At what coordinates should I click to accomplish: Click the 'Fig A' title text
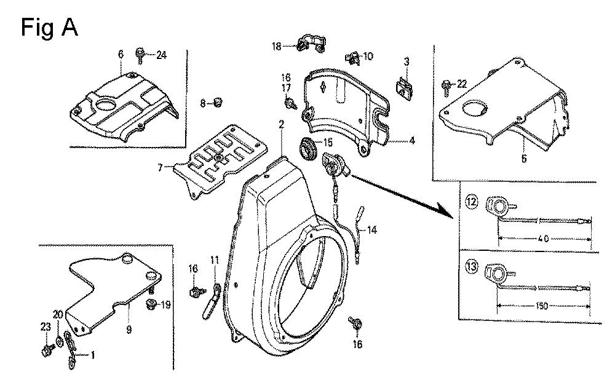(x=49, y=28)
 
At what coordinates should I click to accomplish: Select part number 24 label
(x=161, y=55)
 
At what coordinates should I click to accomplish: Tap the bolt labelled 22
(x=446, y=87)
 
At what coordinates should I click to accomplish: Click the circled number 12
(x=472, y=202)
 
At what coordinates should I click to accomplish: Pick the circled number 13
(x=472, y=267)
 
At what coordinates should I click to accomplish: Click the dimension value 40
(x=543, y=239)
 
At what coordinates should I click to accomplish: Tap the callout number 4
(x=412, y=140)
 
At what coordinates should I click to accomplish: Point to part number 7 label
(x=160, y=168)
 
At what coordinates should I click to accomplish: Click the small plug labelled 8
(x=218, y=103)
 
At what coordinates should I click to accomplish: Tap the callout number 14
(x=372, y=230)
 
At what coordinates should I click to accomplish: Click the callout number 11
(x=215, y=260)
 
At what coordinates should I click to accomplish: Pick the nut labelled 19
(x=151, y=304)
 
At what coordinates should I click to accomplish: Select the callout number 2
(x=281, y=125)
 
